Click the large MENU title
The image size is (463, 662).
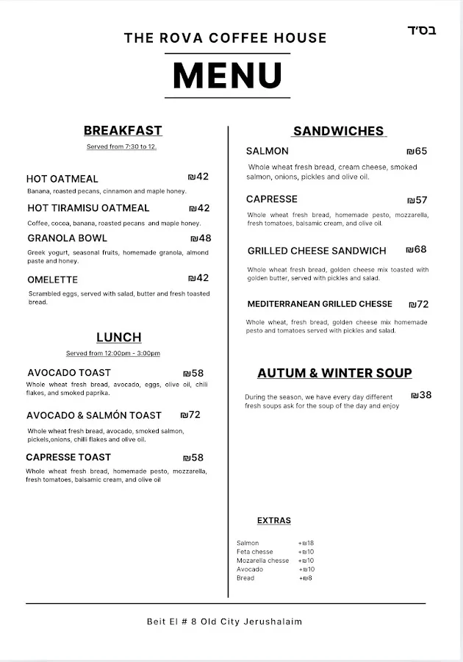click(227, 75)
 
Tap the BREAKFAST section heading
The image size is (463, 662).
click(123, 131)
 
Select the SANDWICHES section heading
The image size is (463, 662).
click(338, 131)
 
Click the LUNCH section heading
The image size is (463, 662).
click(119, 338)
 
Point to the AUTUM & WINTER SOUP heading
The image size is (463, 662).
click(334, 373)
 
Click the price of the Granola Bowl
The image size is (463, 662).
click(201, 238)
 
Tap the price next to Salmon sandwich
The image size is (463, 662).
click(417, 152)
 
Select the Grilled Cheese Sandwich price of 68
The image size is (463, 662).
click(416, 250)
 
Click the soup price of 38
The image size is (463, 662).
click(421, 396)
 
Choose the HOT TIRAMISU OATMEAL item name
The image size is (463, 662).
click(88, 208)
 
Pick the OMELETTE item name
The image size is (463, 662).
click(52, 280)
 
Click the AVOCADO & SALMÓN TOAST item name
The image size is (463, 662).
click(94, 416)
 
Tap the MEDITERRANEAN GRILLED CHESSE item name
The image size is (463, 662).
click(320, 304)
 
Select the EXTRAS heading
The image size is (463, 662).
click(274, 521)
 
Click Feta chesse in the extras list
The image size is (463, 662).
click(254, 552)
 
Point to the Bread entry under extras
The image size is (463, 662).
click(245, 578)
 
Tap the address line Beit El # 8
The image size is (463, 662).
click(224, 622)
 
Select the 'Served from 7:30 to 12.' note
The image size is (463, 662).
click(122, 147)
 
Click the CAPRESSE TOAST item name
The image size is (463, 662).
click(68, 458)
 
